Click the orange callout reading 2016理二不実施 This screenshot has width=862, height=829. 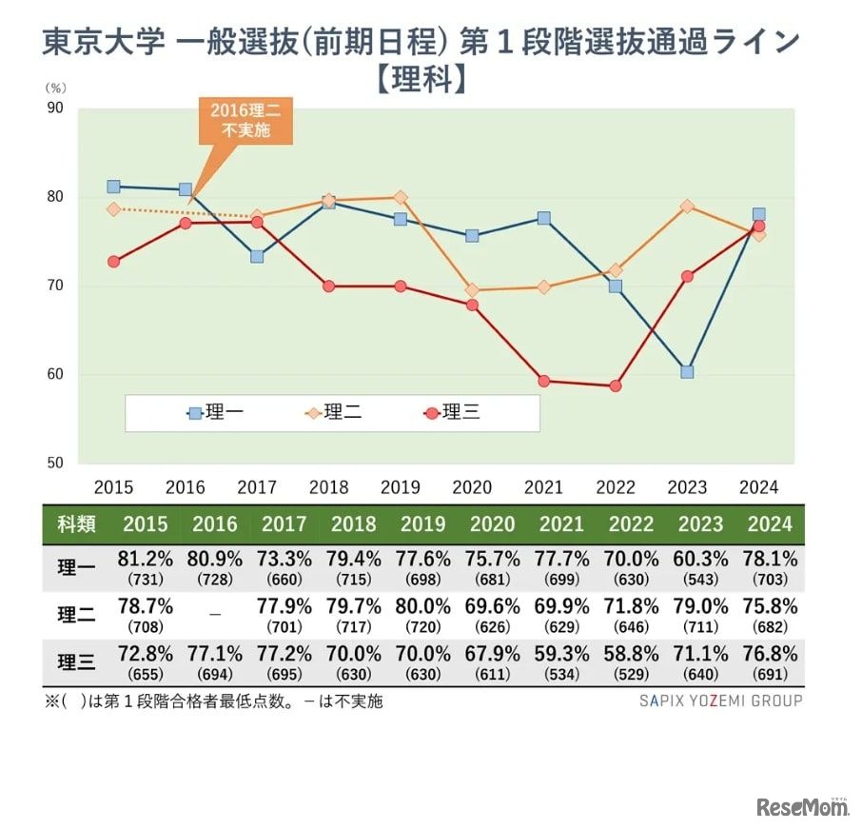(x=245, y=121)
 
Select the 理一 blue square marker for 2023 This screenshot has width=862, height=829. (x=687, y=371)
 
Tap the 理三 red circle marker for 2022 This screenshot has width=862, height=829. (x=616, y=385)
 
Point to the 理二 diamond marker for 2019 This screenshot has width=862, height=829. (x=401, y=198)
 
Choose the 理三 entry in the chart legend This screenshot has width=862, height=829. (x=455, y=413)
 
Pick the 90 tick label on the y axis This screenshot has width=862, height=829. (x=55, y=109)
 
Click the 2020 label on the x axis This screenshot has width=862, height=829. (x=472, y=487)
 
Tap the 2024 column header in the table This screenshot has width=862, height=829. (x=770, y=524)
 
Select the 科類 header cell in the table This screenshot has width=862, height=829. (x=76, y=524)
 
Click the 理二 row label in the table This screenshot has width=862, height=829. (x=76, y=615)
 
